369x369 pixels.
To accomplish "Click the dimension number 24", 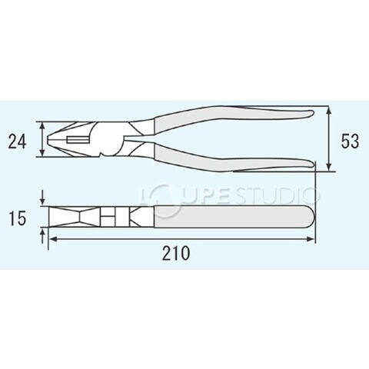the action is [17, 141].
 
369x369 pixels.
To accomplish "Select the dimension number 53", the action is [350, 141].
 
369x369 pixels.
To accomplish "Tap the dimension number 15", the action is [18, 218].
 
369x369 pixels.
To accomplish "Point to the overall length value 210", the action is [176, 253].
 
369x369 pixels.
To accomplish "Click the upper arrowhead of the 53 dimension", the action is [330, 110].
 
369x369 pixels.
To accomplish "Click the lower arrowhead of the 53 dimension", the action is [330, 167].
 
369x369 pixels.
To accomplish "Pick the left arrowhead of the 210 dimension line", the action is [53, 239].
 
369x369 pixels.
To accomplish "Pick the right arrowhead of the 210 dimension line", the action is [311, 239].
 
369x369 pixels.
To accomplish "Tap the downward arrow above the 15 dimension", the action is [43, 198].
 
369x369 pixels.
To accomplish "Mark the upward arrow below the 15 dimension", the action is [43, 236].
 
